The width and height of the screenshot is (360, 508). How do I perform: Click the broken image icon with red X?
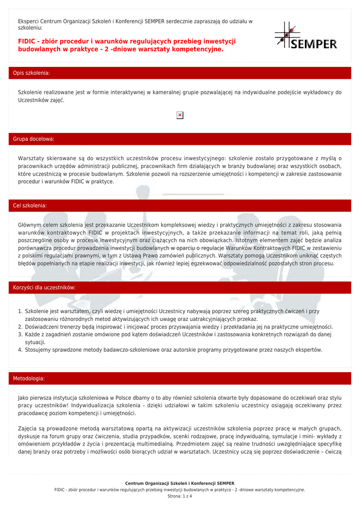(180, 115)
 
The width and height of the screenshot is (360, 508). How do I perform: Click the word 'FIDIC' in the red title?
(28, 41)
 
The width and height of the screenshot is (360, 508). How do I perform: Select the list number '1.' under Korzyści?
(20, 311)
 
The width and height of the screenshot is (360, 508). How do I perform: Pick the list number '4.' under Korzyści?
(20, 350)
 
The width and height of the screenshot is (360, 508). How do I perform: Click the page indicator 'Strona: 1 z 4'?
(180, 496)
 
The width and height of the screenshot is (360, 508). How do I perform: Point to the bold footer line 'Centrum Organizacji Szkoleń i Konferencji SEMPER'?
(180, 483)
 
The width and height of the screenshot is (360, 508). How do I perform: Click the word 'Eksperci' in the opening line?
(28, 21)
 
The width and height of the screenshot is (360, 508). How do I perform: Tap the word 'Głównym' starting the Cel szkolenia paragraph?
(31, 225)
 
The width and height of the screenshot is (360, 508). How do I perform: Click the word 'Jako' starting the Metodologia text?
(23, 397)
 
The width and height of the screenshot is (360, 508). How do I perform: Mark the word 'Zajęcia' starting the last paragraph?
(28, 428)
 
